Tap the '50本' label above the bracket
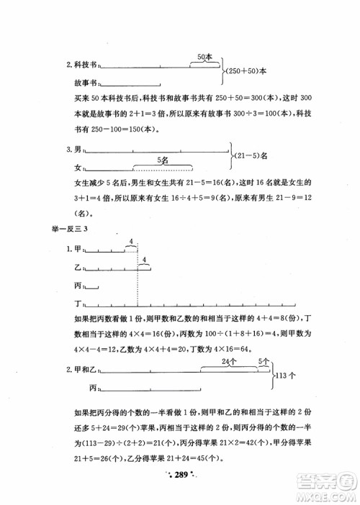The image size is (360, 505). [204, 57]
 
